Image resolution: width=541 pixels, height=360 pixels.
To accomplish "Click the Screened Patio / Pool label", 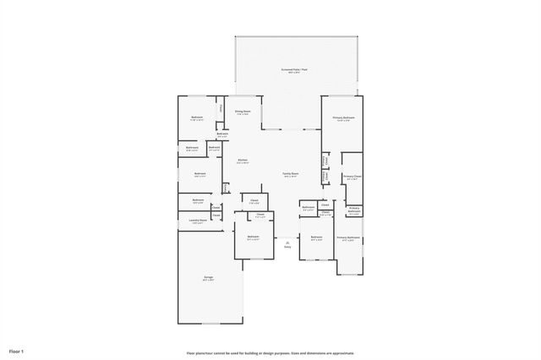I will (296, 69).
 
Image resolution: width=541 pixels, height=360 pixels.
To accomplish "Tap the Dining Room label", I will (242, 111).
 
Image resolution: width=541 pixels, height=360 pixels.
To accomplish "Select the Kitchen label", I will (242, 160).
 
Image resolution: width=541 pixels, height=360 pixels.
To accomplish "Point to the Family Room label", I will (290, 174).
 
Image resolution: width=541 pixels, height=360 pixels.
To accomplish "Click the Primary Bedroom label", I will (342, 117).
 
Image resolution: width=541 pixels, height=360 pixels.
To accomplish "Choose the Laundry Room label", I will (197, 220).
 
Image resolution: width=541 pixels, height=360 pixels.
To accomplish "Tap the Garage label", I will (207, 278).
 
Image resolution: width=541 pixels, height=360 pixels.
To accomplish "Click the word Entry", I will (287, 248).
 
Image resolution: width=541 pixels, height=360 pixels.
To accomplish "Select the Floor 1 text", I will (17, 350).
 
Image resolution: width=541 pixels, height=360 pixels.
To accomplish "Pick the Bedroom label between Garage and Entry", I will (253, 237).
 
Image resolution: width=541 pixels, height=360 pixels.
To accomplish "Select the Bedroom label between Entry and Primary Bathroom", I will (316, 237).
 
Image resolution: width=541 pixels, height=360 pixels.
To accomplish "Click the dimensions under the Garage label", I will (207, 281).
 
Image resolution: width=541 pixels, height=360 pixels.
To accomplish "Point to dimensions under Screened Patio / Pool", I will (296, 73).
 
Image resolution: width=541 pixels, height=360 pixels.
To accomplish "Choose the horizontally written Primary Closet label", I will (352, 177).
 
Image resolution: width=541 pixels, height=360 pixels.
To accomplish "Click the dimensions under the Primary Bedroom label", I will (342, 121).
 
